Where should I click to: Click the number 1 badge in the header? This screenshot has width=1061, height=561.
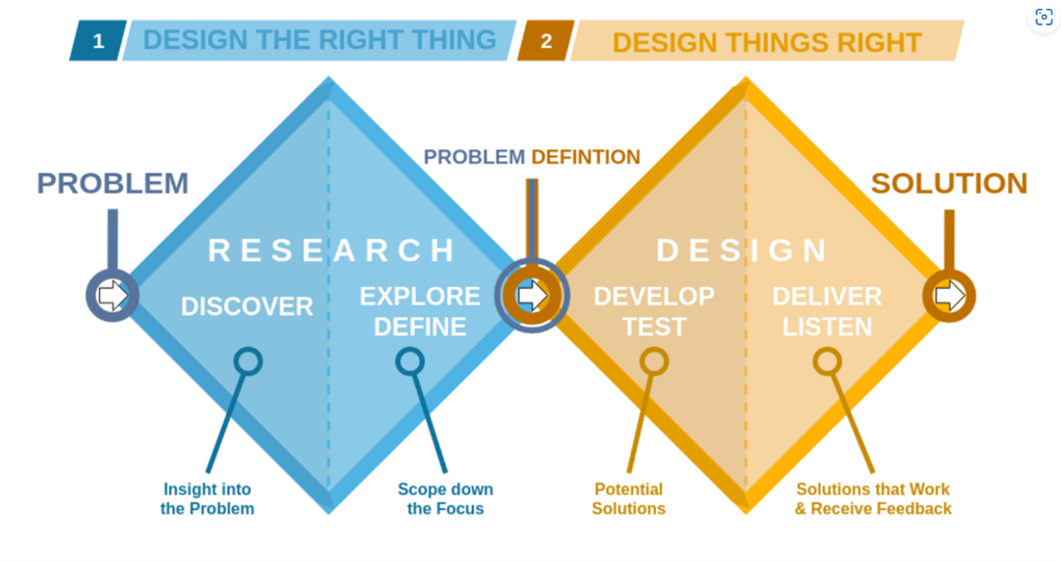pos(98,40)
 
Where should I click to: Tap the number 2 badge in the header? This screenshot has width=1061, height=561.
pos(546,40)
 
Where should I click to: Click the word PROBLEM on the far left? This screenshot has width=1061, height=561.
pos(112,183)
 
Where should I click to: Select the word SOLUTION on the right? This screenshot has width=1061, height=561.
pos(949,183)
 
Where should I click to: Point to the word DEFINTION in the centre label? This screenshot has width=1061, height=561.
pos(585,157)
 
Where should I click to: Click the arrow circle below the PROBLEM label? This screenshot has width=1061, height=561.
pos(112,296)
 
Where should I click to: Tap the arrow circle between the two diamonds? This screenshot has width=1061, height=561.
pos(532,296)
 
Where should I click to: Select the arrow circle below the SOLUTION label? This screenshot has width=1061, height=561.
pos(949,296)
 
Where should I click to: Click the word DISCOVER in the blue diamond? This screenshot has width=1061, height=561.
pos(247,307)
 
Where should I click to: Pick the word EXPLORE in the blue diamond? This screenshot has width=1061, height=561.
pos(420,296)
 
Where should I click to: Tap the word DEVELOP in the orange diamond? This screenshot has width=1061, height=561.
pos(654,296)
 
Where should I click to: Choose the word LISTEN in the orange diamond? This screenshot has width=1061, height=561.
pos(827,326)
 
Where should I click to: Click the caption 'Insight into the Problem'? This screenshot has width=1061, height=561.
pos(207,499)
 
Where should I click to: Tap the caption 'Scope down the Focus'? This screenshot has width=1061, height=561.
pos(445,499)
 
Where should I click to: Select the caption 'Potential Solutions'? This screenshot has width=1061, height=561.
pos(628,499)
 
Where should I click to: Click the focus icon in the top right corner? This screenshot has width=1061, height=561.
pos(1043,17)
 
